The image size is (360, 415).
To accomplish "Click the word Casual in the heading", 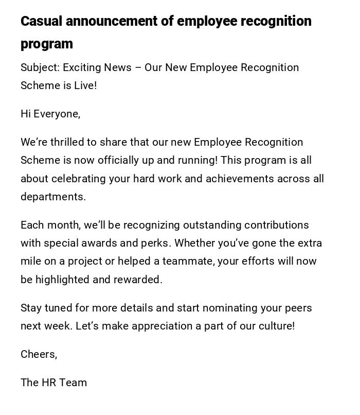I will pos(41,22).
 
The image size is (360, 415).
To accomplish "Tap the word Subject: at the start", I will pos(40,68).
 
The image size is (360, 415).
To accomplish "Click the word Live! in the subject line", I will pos(85,86).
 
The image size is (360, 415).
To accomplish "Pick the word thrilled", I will pos(68,142).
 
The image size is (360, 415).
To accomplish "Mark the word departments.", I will pos(53,197).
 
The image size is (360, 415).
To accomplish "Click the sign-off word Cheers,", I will pos(39,354).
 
